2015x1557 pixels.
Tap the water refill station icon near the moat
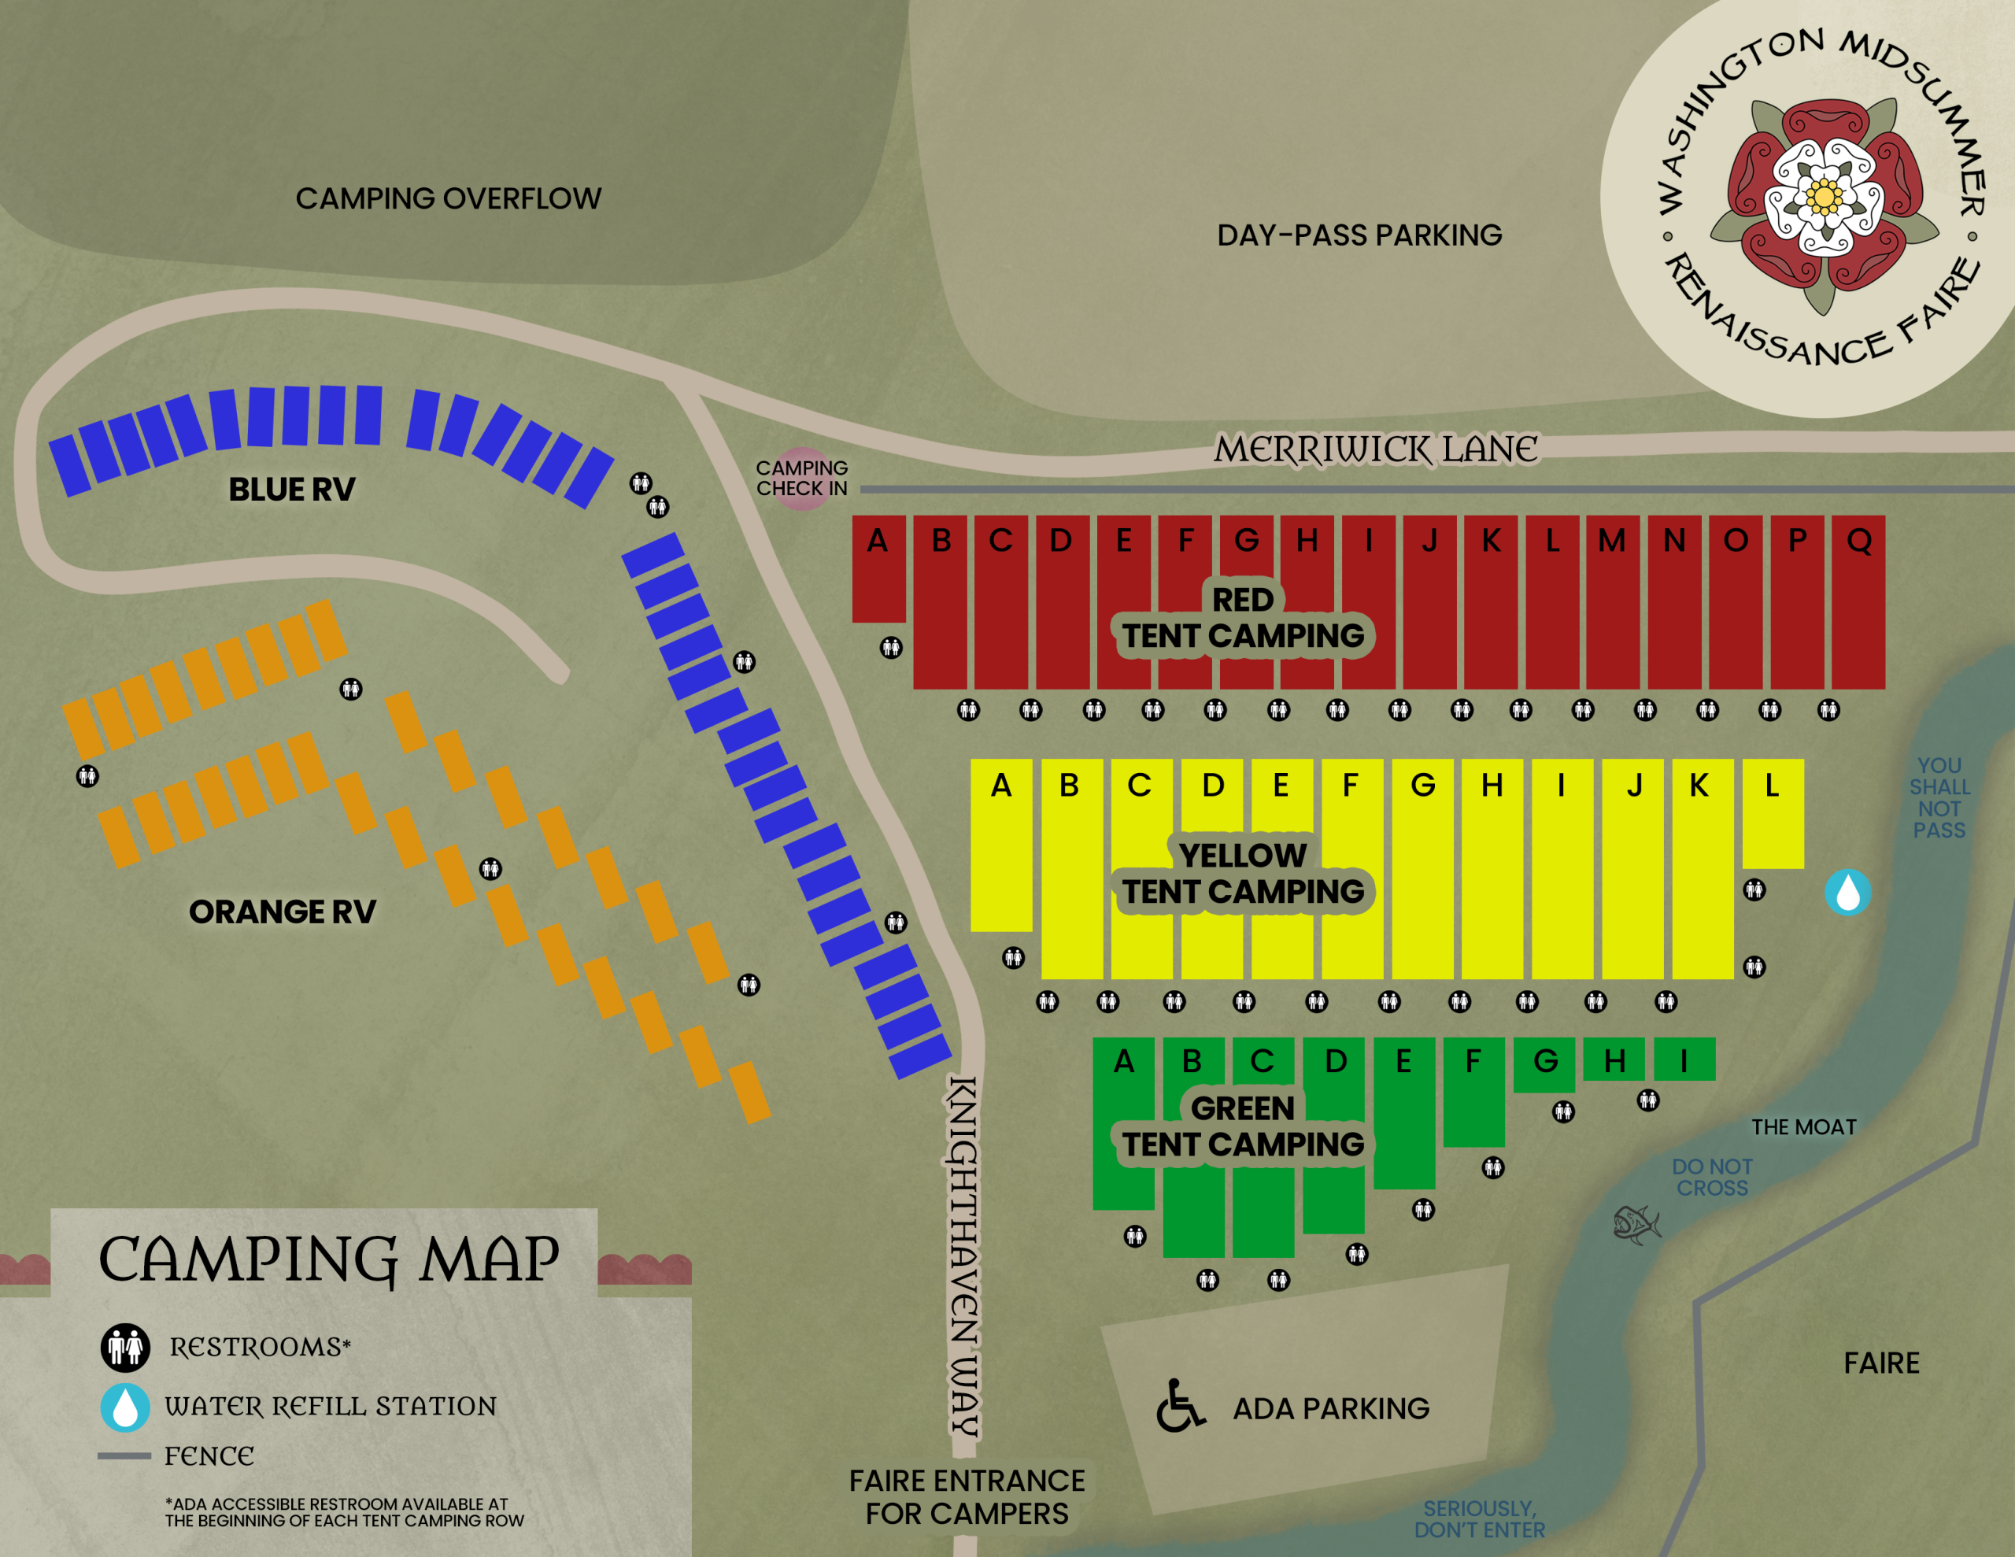click(x=1847, y=893)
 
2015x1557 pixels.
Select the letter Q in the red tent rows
click(x=1858, y=541)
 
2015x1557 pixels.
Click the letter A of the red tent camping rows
click(x=878, y=541)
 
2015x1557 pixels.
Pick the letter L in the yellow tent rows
click(x=1772, y=786)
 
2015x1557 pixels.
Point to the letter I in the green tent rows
click(x=1683, y=1061)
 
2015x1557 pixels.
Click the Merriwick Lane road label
click(x=1375, y=450)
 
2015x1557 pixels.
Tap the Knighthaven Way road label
click(x=963, y=1256)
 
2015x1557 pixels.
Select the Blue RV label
click(x=291, y=489)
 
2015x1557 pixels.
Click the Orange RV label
click(x=283, y=912)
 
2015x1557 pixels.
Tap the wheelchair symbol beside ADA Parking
click(x=1180, y=1407)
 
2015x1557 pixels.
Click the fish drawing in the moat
click(x=1636, y=1225)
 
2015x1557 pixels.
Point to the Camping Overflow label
click(x=449, y=198)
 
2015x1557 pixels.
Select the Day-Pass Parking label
click(x=1359, y=235)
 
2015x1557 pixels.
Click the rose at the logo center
click(x=1823, y=197)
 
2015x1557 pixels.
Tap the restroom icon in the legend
click(x=125, y=1348)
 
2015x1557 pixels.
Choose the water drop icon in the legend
click(x=125, y=1407)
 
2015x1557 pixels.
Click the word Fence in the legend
click(x=209, y=1456)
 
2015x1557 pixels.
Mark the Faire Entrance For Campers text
click(x=967, y=1497)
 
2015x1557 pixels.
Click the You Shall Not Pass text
click(x=1939, y=797)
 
